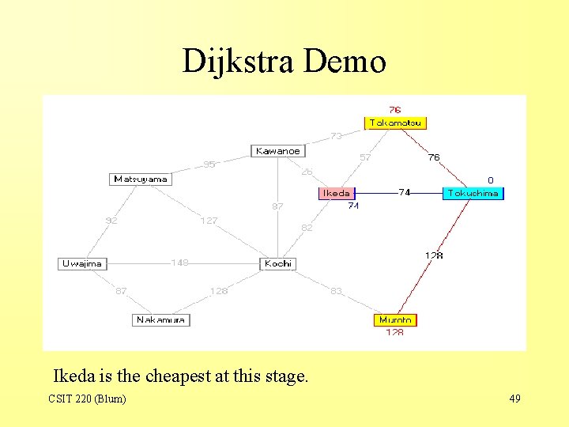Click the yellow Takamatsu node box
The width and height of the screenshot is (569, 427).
(x=395, y=123)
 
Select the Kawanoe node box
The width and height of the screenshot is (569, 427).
(x=278, y=150)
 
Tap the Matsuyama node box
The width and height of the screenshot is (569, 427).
(x=141, y=179)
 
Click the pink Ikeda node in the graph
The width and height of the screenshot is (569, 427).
(x=337, y=192)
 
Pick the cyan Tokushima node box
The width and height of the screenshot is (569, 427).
(x=473, y=193)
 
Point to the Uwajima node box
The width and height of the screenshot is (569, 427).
(x=82, y=263)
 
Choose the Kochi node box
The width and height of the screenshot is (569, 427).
(x=278, y=263)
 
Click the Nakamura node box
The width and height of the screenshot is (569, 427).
(x=161, y=319)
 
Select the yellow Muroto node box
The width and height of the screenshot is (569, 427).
(x=395, y=319)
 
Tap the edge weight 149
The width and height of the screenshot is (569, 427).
(x=180, y=263)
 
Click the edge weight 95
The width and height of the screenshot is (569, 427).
(x=209, y=164)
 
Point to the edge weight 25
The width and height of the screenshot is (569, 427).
(x=307, y=171)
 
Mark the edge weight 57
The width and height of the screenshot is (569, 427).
(x=365, y=157)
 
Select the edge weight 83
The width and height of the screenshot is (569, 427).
(x=337, y=291)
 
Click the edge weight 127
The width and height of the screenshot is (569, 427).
(x=209, y=221)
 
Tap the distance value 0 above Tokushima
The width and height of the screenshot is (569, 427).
(x=490, y=180)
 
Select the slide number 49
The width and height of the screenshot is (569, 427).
(x=514, y=399)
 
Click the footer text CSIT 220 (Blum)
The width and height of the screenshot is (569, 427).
(x=87, y=399)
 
